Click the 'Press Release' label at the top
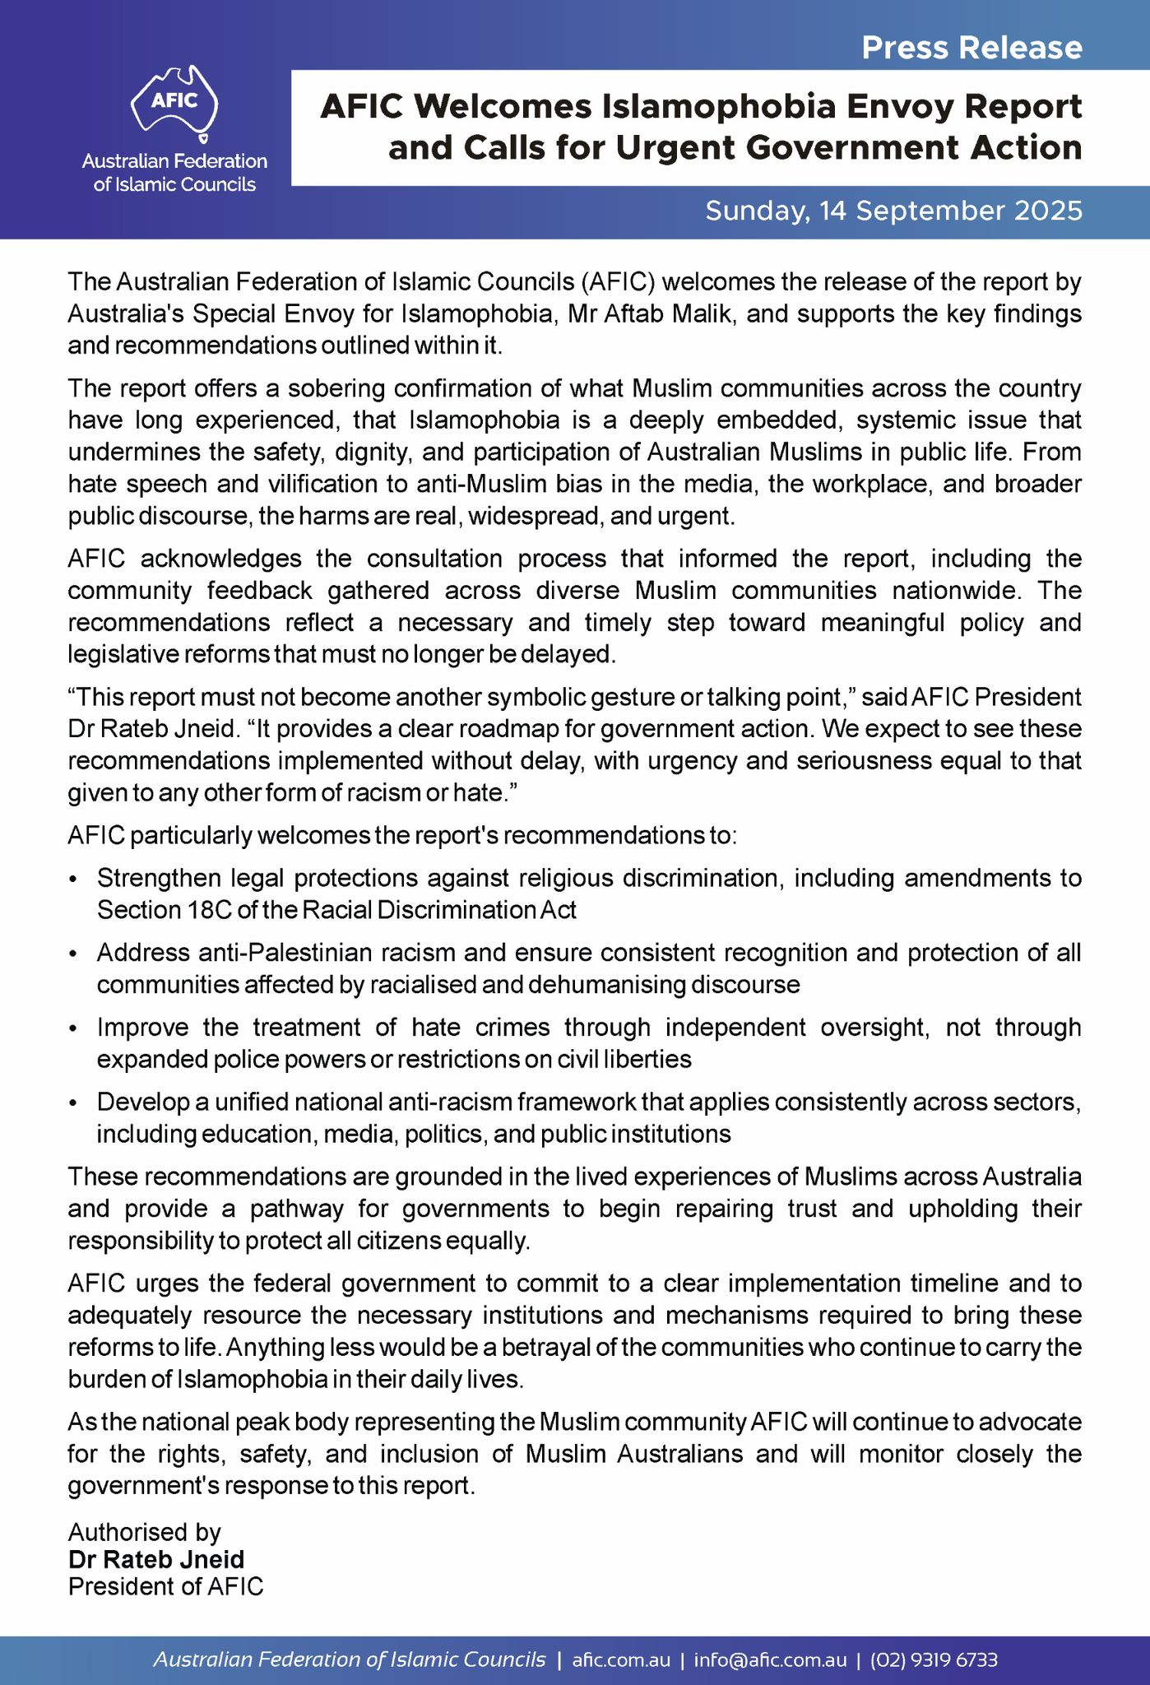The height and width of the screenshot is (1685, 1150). [x=971, y=48]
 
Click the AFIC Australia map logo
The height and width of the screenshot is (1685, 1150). [x=174, y=101]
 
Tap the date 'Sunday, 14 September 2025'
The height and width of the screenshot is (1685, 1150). [x=893, y=211]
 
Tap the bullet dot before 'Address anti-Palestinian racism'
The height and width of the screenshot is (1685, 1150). [x=74, y=954]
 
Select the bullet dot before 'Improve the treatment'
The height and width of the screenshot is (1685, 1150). [x=74, y=1029]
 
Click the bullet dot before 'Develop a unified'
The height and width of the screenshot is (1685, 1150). [x=74, y=1103]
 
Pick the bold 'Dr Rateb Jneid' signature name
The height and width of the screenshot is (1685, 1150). [x=156, y=1559]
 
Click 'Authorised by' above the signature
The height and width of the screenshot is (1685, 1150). [x=145, y=1532]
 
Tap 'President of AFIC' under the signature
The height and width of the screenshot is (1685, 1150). [x=166, y=1586]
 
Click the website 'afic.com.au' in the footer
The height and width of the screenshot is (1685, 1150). [x=621, y=1659]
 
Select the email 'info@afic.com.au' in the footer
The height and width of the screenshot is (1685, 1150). [x=770, y=1659]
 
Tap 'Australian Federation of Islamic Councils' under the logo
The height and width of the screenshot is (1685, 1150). [x=174, y=173]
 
